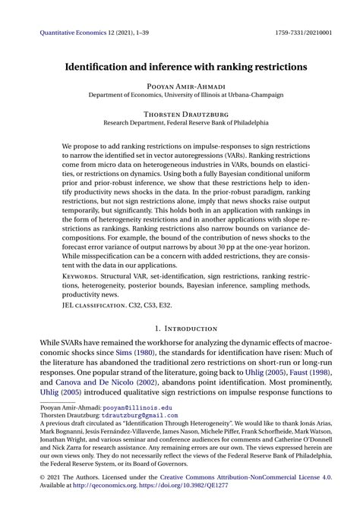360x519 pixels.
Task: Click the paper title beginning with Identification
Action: tap(180, 67)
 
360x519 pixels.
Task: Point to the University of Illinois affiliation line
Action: tap(180, 96)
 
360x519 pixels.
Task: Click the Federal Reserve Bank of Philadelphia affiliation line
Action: tap(180, 121)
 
